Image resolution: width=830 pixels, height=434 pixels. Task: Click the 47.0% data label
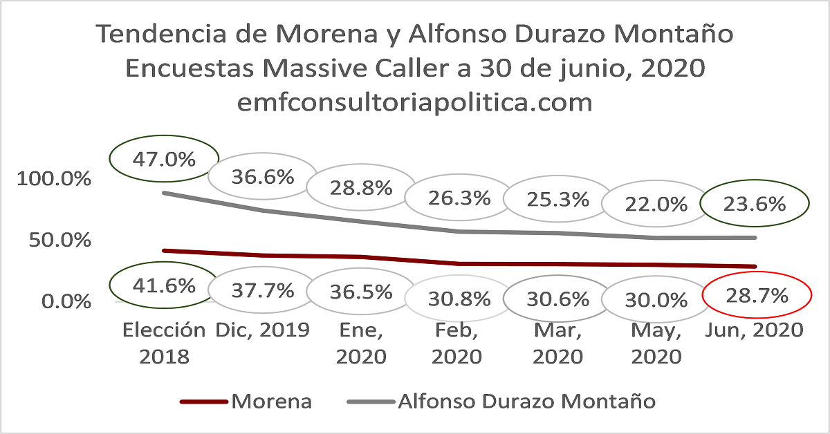point(164,159)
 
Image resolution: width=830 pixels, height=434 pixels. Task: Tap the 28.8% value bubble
point(360,187)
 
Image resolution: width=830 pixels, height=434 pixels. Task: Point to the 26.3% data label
point(458,198)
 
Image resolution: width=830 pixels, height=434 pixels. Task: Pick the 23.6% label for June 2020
point(754,204)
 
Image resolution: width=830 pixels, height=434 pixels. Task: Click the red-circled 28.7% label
point(756,296)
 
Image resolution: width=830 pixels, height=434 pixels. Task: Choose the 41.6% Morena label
point(164,285)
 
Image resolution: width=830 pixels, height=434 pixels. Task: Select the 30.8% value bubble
point(459,299)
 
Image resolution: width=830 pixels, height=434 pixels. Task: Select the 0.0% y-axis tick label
point(64,301)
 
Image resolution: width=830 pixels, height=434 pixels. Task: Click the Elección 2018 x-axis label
point(164,343)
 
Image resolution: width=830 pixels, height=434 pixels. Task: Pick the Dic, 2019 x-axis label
point(262,330)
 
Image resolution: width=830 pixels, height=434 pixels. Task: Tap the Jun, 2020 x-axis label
point(754,330)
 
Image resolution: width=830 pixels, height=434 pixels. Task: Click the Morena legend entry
point(246,401)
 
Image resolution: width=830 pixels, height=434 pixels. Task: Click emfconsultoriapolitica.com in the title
point(414,102)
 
